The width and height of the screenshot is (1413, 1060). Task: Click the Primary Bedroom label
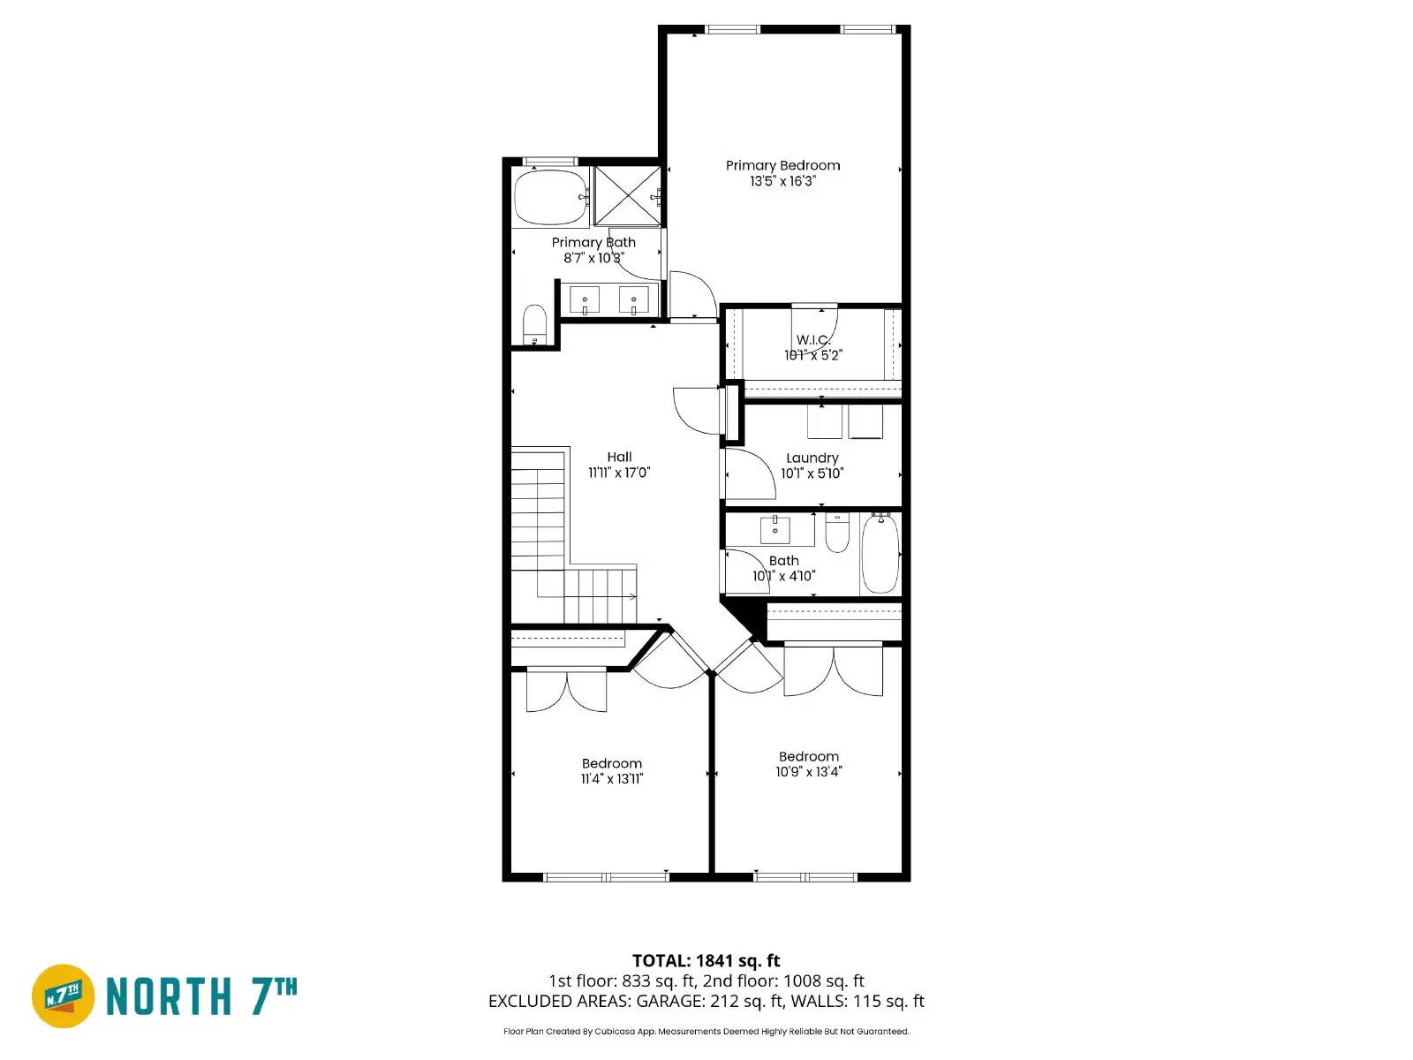pyautogui.click(x=782, y=165)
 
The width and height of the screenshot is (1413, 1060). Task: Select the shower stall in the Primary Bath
pyautogui.click(x=627, y=195)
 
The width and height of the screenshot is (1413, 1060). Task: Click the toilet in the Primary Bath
pyautogui.click(x=534, y=324)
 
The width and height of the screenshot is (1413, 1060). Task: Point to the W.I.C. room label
pyautogui.click(x=812, y=340)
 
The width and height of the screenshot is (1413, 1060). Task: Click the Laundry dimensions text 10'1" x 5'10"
pyautogui.click(x=812, y=473)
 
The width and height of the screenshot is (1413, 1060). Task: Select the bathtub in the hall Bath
pyautogui.click(x=880, y=553)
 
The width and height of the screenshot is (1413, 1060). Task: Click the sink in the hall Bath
pyautogui.click(x=775, y=530)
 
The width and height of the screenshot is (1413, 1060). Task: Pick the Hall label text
pyautogui.click(x=619, y=457)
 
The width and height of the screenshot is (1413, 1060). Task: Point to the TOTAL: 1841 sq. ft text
pyautogui.click(x=706, y=960)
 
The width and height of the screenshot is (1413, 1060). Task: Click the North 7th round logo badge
pyautogui.click(x=64, y=996)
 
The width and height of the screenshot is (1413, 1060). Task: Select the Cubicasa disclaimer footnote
pyautogui.click(x=706, y=1031)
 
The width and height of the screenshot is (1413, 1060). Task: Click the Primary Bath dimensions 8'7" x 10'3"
pyautogui.click(x=593, y=258)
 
